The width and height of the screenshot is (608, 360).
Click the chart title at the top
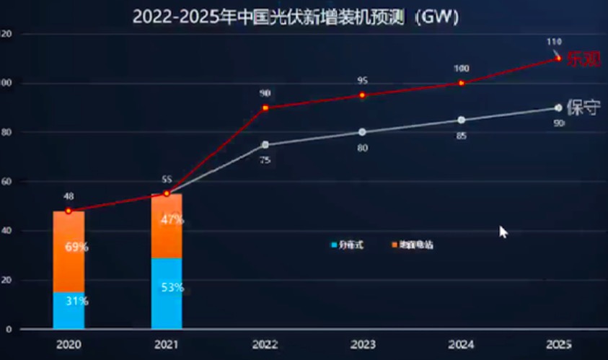point(296,17)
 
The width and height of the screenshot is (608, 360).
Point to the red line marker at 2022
point(265,107)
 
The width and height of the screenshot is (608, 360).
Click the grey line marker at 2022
point(265,144)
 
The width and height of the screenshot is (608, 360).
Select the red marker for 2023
point(362,95)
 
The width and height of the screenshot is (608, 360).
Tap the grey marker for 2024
point(462,120)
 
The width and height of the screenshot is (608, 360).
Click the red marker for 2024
point(462,83)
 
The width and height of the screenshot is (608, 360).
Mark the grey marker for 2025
point(558,107)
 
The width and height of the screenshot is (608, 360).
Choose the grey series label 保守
point(583,108)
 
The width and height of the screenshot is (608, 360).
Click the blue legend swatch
point(334,245)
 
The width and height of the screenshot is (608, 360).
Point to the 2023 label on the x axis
point(362,345)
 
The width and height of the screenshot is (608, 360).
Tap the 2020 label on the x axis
point(69,345)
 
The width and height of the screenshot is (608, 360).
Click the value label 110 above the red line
point(554,42)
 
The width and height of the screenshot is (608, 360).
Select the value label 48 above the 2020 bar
point(69,196)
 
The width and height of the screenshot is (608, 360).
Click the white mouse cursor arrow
point(503,232)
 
